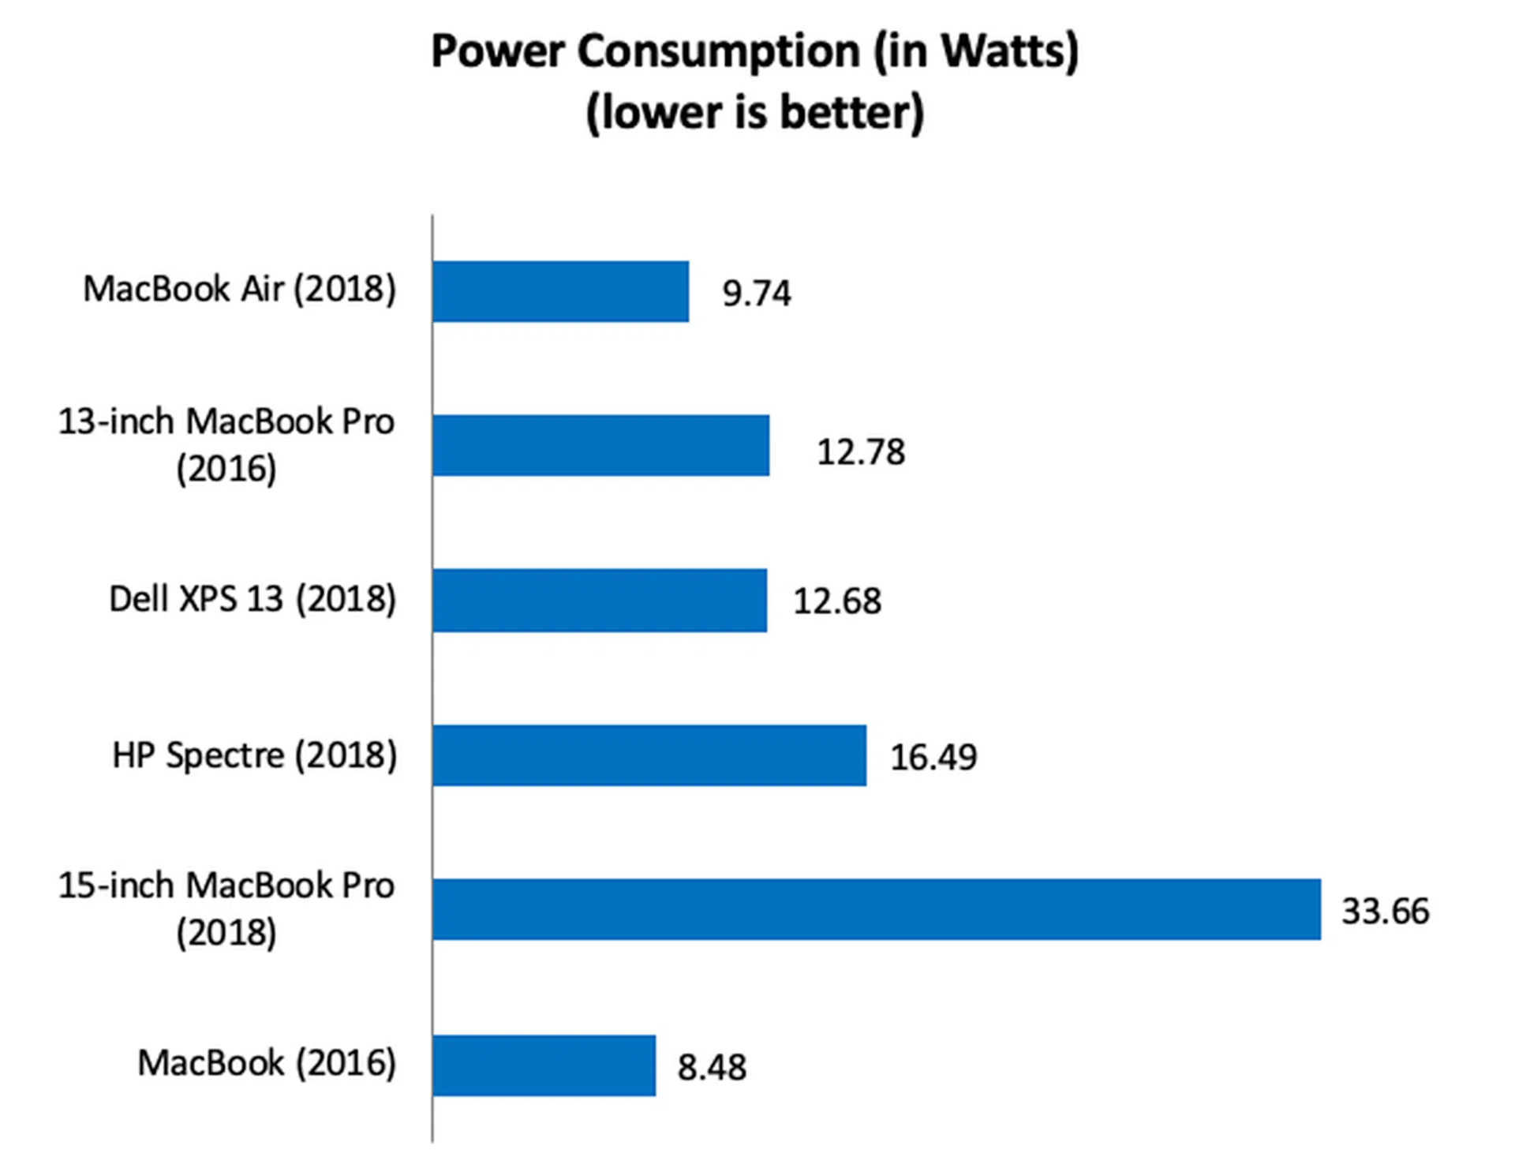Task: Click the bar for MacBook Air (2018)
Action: pos(560,291)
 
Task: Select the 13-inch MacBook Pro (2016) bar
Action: pos(600,445)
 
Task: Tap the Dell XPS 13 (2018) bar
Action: pos(600,600)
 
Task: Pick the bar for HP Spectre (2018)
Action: pos(649,755)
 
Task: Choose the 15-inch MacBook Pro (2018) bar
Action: pos(876,909)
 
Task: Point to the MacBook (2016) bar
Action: pos(544,1065)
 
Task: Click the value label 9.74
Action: pos(756,294)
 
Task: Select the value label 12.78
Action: pos(860,452)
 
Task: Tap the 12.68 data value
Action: pos(836,601)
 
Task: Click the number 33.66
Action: pos(1385,912)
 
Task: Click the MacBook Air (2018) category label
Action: pos(239,289)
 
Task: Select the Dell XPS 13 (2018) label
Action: pos(252,599)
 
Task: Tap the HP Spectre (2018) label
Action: pos(254,755)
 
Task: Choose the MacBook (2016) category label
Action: pos(266,1063)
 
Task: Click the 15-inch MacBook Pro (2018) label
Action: pos(226,908)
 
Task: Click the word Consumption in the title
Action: pos(718,52)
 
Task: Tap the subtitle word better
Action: pos(851,112)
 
